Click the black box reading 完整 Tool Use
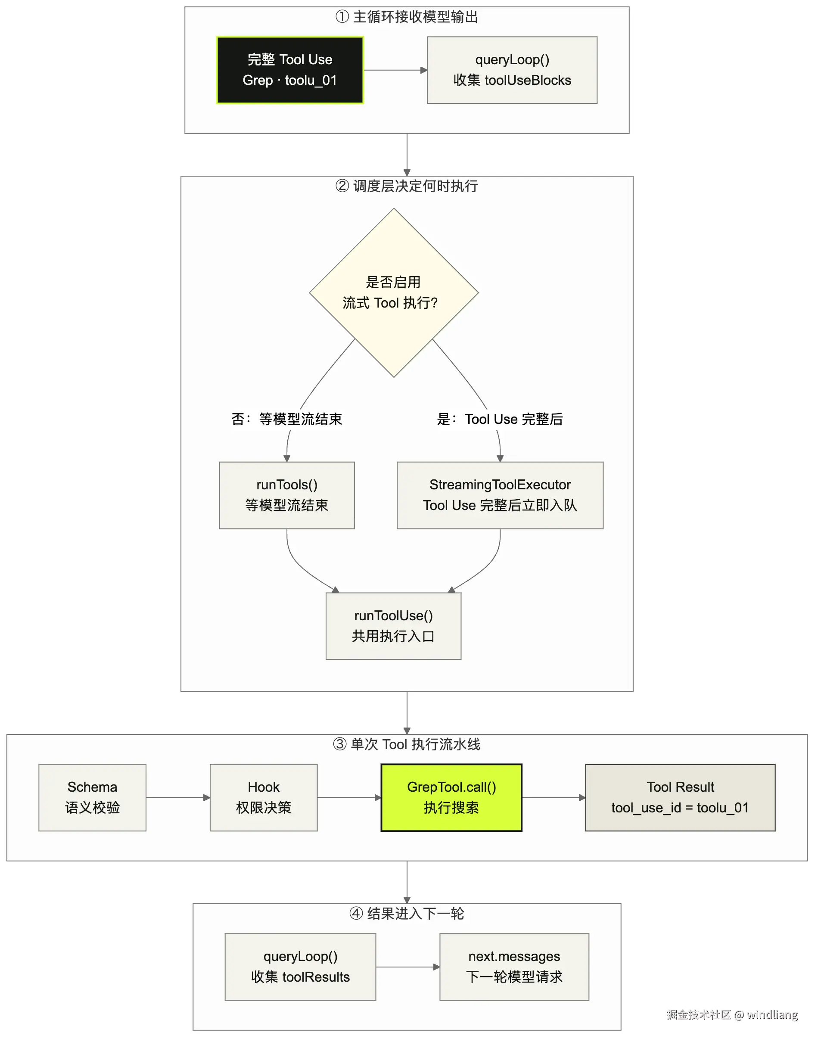(290, 70)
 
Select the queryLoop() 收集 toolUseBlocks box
(512, 70)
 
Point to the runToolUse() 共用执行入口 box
(394, 626)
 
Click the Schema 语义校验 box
(92, 798)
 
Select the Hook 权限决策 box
(264, 798)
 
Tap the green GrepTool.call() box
(451, 798)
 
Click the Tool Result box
(680, 798)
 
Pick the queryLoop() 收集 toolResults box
(300, 967)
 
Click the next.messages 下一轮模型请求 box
(514, 967)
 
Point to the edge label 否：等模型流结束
(287, 419)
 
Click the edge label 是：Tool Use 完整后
(500, 419)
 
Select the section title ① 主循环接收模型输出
(407, 17)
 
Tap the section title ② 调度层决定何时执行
(407, 186)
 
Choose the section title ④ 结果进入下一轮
(407, 914)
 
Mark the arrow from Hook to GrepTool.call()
(349, 798)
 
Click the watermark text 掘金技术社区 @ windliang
(732, 1015)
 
